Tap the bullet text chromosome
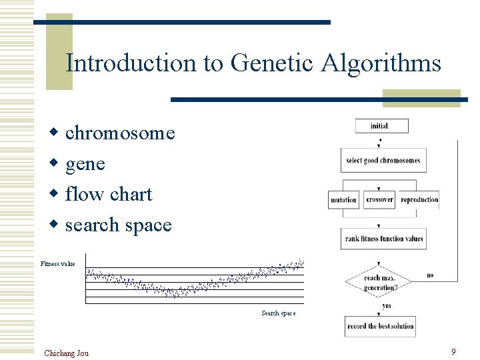120,133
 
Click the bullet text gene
85,163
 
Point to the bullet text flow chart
109,194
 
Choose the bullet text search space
118,225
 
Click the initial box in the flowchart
380,126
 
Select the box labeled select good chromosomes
383,161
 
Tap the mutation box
344,199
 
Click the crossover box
380,199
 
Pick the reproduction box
419,199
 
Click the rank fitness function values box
384,239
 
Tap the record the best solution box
380,326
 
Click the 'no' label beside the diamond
430,275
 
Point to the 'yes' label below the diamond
387,306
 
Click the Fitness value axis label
58,264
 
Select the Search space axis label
278,313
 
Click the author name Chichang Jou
66,353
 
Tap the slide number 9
453,351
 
